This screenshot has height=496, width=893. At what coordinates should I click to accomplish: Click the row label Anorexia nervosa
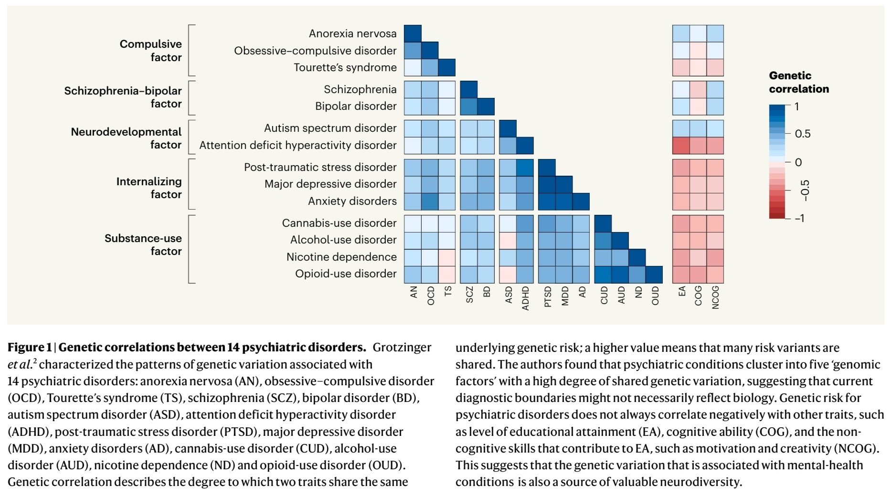[x=352, y=33]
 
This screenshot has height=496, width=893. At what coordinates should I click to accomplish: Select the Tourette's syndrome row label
[x=345, y=67]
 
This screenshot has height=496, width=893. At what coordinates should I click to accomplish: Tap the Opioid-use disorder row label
[x=346, y=274]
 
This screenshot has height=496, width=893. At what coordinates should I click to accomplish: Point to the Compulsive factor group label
[x=150, y=51]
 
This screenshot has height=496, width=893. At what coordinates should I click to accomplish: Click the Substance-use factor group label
[x=143, y=244]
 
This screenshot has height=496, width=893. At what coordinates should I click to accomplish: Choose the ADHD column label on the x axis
[x=525, y=298]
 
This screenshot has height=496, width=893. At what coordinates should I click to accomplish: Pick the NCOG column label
[x=715, y=297]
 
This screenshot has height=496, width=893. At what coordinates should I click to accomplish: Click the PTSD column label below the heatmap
[x=548, y=297]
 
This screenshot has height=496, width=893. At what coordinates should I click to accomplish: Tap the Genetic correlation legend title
[x=798, y=82]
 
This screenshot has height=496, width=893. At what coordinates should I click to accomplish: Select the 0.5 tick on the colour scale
[x=802, y=134]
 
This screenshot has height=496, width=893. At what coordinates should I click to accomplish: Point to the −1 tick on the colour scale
[x=799, y=218]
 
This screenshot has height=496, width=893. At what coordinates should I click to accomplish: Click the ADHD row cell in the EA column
[x=681, y=145]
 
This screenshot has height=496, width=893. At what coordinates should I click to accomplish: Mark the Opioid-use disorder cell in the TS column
[x=447, y=274]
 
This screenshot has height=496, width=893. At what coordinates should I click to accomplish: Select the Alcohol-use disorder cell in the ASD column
[x=508, y=240]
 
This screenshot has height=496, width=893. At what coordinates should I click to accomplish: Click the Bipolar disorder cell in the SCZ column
[x=469, y=106]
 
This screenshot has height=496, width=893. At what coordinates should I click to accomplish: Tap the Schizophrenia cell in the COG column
[x=698, y=89]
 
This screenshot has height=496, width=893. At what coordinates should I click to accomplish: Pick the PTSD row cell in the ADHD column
[x=525, y=167]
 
